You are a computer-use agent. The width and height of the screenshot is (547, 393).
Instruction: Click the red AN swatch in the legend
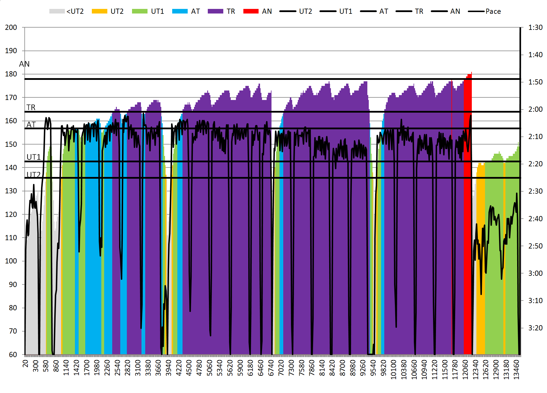point(251,11)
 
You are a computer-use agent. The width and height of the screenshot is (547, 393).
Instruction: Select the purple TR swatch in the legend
point(215,11)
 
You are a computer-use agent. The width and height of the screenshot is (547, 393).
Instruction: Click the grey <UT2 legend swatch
point(57,11)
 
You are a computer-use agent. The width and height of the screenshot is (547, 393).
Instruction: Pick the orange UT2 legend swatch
point(99,11)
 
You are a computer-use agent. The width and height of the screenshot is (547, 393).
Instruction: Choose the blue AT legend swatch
point(180,11)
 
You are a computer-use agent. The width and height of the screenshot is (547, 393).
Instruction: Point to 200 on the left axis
point(11,28)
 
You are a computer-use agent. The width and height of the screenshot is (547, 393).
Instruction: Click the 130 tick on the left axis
point(11,191)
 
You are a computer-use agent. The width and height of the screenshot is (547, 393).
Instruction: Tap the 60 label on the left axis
point(13,355)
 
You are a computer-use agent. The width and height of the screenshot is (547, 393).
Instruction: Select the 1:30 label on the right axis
point(535,28)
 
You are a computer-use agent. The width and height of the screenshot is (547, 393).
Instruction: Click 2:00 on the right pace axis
point(535,109)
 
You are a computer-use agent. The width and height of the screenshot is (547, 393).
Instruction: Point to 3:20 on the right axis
point(535,328)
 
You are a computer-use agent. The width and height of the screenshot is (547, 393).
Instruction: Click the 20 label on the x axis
point(26,364)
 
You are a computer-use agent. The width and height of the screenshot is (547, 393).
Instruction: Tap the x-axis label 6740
point(271,368)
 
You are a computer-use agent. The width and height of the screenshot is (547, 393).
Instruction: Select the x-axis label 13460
point(516,369)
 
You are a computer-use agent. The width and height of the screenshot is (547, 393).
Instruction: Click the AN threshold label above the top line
point(24,64)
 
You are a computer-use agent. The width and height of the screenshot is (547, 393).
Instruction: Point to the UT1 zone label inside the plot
point(34,157)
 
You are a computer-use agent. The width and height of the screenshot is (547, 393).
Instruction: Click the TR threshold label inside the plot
point(31,107)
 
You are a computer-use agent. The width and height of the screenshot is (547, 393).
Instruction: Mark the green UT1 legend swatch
point(139,11)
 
